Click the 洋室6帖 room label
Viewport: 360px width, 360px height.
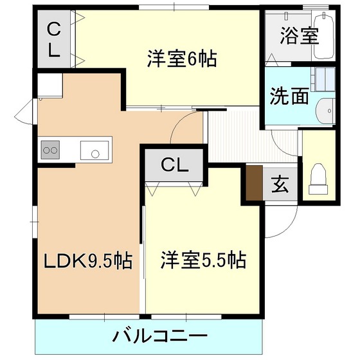[182, 59]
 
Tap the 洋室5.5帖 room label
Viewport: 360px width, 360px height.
[203, 260]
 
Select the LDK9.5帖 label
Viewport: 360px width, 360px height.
[88, 260]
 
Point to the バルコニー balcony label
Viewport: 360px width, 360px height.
[160, 336]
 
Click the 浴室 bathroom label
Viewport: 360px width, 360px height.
[300, 36]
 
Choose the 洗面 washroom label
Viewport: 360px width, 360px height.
[289, 96]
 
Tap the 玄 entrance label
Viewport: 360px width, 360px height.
[280, 184]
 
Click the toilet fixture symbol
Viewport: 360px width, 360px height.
[318, 179]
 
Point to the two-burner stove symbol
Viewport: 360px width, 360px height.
[50, 150]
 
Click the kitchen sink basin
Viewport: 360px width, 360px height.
[94, 150]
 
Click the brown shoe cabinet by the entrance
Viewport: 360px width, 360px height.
[255, 183]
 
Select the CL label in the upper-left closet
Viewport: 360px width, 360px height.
[53, 40]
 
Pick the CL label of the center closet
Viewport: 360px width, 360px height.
[175, 165]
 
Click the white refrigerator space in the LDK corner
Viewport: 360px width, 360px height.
[50, 85]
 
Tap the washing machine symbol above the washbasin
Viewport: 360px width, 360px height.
[323, 79]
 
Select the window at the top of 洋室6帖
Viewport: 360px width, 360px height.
[174, 7]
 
